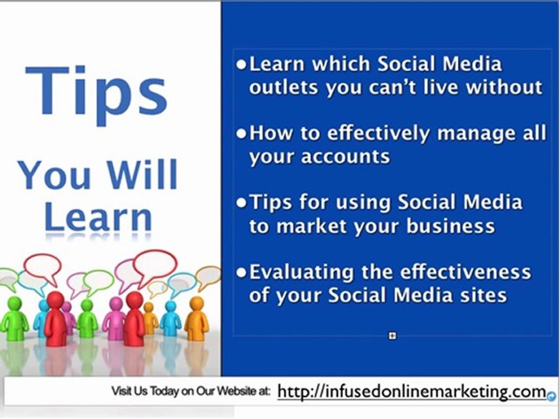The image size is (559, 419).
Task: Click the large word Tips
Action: click(96, 92)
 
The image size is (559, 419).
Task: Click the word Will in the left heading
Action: click(143, 175)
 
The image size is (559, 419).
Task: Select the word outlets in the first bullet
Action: click(284, 87)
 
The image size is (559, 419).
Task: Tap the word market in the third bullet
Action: click(315, 226)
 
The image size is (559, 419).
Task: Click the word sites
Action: click(484, 295)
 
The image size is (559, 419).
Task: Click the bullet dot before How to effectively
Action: click(241, 134)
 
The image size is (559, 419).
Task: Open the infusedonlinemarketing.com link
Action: click(412, 392)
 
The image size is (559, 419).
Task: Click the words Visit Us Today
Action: click(145, 392)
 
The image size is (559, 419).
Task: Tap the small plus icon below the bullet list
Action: click(392, 336)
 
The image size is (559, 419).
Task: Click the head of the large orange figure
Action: click(197, 303)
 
